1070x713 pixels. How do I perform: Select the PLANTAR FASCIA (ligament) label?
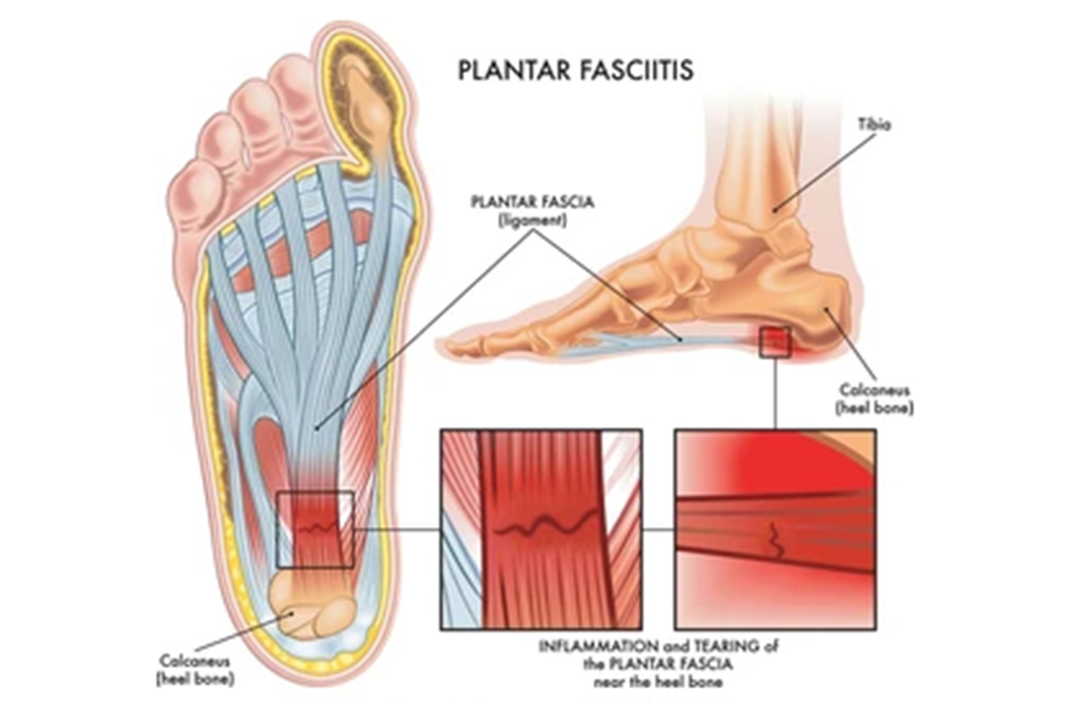(532, 209)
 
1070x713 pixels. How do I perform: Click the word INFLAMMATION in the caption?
(588, 646)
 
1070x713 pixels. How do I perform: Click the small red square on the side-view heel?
(774, 342)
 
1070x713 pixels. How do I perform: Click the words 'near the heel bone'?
(657, 682)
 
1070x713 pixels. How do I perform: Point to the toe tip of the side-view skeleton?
(455, 347)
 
